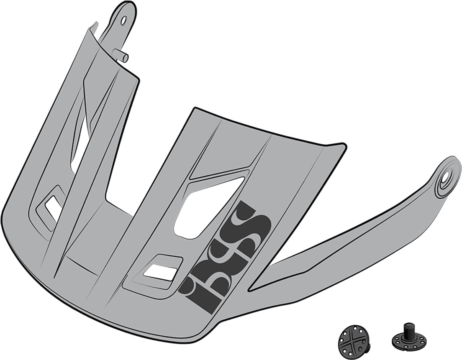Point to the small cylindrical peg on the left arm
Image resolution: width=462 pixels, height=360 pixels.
(122, 56)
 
